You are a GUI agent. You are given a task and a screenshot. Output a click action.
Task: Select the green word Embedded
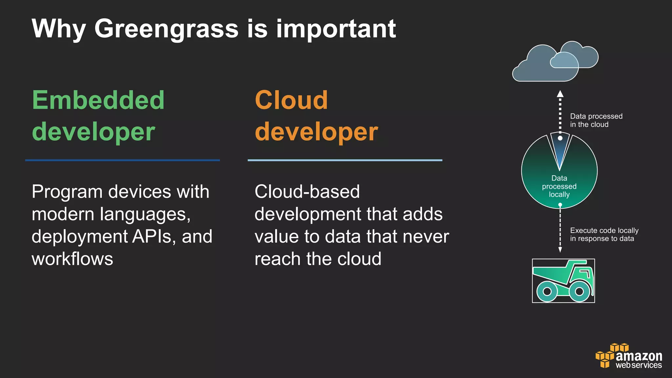coord(98,100)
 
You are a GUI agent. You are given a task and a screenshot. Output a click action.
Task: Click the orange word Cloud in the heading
coord(291,100)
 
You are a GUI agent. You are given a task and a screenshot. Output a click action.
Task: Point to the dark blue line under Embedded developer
coord(122,160)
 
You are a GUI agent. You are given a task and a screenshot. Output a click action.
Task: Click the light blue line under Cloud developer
coord(345,160)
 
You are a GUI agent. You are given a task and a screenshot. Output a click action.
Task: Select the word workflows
coord(72,259)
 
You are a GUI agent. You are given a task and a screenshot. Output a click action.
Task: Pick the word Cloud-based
coord(307,192)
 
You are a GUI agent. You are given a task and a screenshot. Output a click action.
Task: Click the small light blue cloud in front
coord(564,61)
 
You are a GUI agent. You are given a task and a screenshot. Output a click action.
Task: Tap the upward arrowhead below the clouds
coord(560,94)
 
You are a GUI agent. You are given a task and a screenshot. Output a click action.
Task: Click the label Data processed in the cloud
coord(596,120)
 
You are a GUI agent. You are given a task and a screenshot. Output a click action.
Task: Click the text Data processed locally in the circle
coord(559,186)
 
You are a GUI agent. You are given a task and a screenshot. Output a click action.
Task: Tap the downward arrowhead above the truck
coord(560,250)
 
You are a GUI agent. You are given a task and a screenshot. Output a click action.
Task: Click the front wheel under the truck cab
coord(579,291)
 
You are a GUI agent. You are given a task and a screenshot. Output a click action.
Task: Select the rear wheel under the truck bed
coord(547,291)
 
